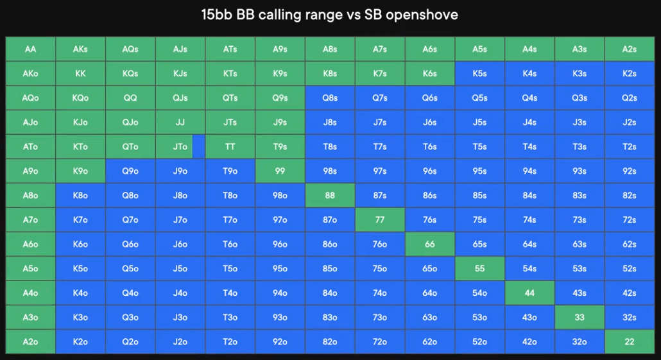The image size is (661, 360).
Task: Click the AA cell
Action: coord(30,49)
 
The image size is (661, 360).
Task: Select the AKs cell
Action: coord(80,49)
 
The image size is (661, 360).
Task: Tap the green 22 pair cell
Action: coord(630,341)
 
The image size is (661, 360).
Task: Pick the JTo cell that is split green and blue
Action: coord(180,147)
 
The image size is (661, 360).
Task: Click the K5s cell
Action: coord(480,73)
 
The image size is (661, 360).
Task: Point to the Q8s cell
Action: coord(330,98)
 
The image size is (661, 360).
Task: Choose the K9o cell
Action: coord(80,171)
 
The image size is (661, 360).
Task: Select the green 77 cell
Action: coord(380,219)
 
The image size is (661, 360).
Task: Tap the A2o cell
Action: coord(30,341)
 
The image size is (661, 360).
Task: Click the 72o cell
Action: coord(380,341)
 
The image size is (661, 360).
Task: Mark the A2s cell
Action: coord(630,49)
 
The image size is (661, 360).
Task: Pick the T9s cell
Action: coord(280,147)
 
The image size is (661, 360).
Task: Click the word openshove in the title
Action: coord(422,15)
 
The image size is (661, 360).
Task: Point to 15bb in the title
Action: coord(217,15)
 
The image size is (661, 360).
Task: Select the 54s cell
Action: coord(529,268)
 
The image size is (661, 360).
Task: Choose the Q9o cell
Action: coord(130,171)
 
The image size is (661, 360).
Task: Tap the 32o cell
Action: coord(579,341)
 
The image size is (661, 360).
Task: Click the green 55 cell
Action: coord(480,268)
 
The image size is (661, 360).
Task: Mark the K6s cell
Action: coord(429,73)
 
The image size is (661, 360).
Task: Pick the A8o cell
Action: coord(30,195)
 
